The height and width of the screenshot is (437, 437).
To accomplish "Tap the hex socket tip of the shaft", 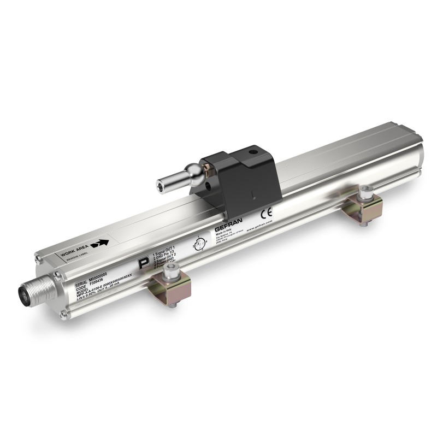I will [x=160, y=182].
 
